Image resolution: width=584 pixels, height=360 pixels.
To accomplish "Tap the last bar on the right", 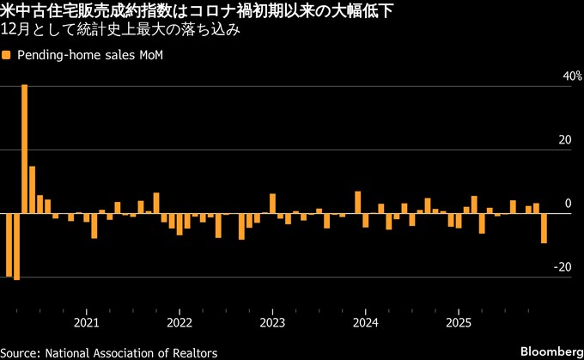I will click(x=544, y=229).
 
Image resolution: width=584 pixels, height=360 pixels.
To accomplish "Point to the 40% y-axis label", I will click(x=562, y=76).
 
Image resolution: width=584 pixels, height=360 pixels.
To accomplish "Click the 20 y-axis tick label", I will click(x=565, y=140).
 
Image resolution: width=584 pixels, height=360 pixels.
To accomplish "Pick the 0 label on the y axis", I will click(x=568, y=204).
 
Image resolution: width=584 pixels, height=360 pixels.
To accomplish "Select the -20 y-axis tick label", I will click(x=563, y=267).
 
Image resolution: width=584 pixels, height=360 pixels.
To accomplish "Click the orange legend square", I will click(x=6, y=55).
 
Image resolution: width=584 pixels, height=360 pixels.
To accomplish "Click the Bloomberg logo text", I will click(x=550, y=352).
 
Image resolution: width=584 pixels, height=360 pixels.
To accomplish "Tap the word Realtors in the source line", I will click(x=194, y=352).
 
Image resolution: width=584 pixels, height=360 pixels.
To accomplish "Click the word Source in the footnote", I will click(x=20, y=352).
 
